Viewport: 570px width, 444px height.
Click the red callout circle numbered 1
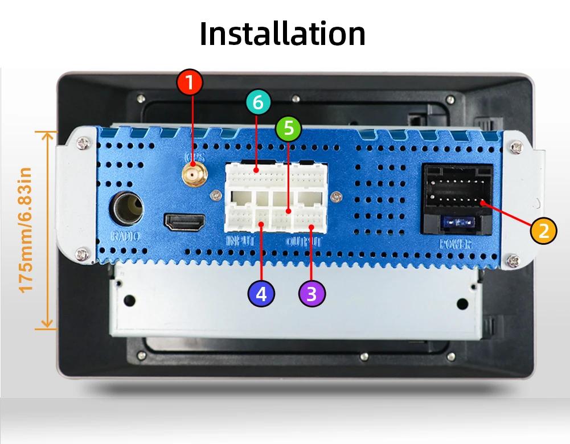[x=190, y=83]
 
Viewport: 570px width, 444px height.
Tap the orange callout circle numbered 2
[x=544, y=231]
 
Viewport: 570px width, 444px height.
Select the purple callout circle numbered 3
[x=311, y=294]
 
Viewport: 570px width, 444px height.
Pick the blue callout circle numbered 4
[x=261, y=294]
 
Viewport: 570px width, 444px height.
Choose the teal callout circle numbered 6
[x=259, y=103]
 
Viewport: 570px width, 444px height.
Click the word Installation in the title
[x=282, y=34]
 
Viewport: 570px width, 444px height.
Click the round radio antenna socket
[x=126, y=208]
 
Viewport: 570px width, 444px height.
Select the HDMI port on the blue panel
[x=186, y=222]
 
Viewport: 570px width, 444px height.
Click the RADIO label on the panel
[x=125, y=236]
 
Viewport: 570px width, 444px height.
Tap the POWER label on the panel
[x=456, y=245]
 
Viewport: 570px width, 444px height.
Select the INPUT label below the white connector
[x=240, y=241]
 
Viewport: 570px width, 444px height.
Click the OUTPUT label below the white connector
[x=304, y=241]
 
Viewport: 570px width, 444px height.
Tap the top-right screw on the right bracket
[x=516, y=146]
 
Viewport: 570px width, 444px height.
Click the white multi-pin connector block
[x=277, y=197]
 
